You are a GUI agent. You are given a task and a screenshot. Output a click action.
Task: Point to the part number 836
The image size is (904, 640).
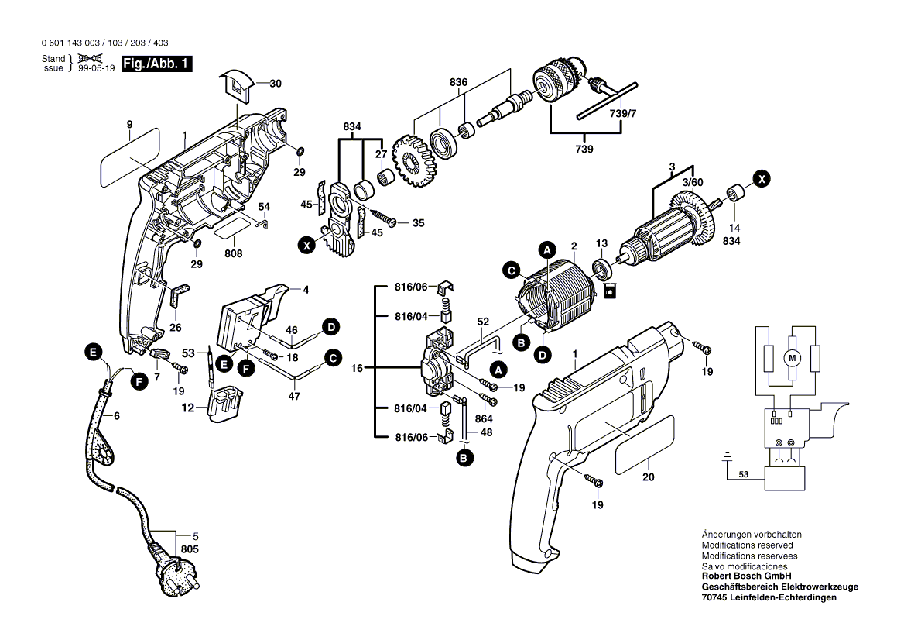(x=458, y=82)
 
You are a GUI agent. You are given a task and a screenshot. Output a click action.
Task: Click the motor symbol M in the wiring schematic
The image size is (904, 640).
(x=791, y=358)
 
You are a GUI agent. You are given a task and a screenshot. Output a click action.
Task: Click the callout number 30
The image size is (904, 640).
(x=276, y=84)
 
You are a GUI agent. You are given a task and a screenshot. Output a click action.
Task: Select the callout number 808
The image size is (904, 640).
(x=234, y=254)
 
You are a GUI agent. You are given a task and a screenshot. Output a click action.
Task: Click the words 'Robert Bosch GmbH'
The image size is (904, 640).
(x=745, y=577)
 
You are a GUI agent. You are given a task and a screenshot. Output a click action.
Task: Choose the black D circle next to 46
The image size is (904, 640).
(x=330, y=327)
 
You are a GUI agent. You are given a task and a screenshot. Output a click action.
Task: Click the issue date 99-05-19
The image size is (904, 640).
(x=94, y=68)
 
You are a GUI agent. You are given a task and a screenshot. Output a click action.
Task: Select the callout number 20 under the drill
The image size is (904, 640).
(x=648, y=477)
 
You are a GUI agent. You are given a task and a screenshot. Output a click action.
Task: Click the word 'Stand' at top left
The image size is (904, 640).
(x=53, y=59)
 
